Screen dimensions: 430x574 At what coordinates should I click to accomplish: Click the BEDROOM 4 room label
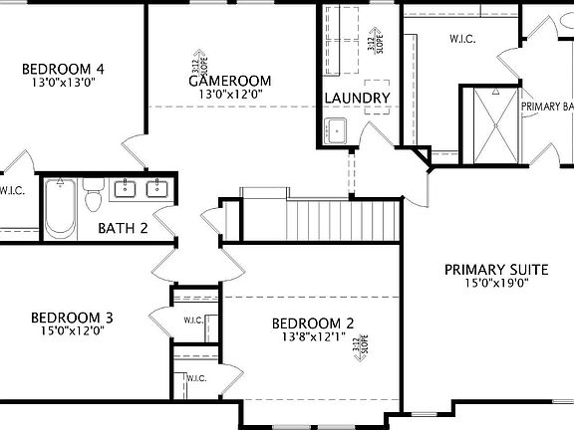pos(64,69)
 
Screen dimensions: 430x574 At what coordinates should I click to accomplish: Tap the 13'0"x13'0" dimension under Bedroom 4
pos(64,83)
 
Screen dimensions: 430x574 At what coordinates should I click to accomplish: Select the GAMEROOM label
pos(230,80)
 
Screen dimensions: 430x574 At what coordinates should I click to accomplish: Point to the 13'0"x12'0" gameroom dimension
pos(229,95)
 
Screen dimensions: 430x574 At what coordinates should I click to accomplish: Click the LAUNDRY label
pos(357,98)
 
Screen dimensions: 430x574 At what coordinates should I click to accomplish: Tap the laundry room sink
pos(336,130)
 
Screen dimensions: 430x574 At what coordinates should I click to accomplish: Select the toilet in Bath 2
pos(94,196)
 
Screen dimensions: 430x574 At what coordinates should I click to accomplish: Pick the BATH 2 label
pos(123,228)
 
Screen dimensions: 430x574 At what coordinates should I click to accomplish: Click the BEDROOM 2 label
pos(314,322)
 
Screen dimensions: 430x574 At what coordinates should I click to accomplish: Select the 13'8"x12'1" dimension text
pos(314,336)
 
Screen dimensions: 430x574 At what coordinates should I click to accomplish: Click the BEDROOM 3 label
pos(73,318)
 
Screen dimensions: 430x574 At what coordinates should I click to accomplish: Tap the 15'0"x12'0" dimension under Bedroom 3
pos(73,331)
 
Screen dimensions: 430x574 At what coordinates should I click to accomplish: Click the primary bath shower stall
pos(495,124)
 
